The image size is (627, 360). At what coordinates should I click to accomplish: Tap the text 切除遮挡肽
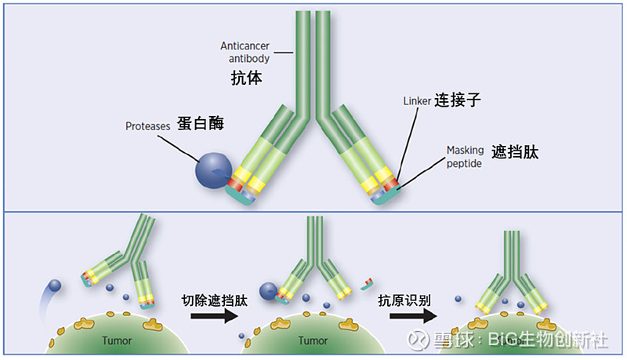click(x=214, y=299)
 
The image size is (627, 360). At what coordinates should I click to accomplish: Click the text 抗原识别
click(x=411, y=299)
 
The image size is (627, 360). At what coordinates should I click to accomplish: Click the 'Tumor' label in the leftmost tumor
click(x=116, y=341)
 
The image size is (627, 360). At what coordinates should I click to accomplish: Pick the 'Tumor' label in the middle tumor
click(x=313, y=341)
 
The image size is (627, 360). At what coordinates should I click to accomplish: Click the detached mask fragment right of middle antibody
click(x=366, y=280)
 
